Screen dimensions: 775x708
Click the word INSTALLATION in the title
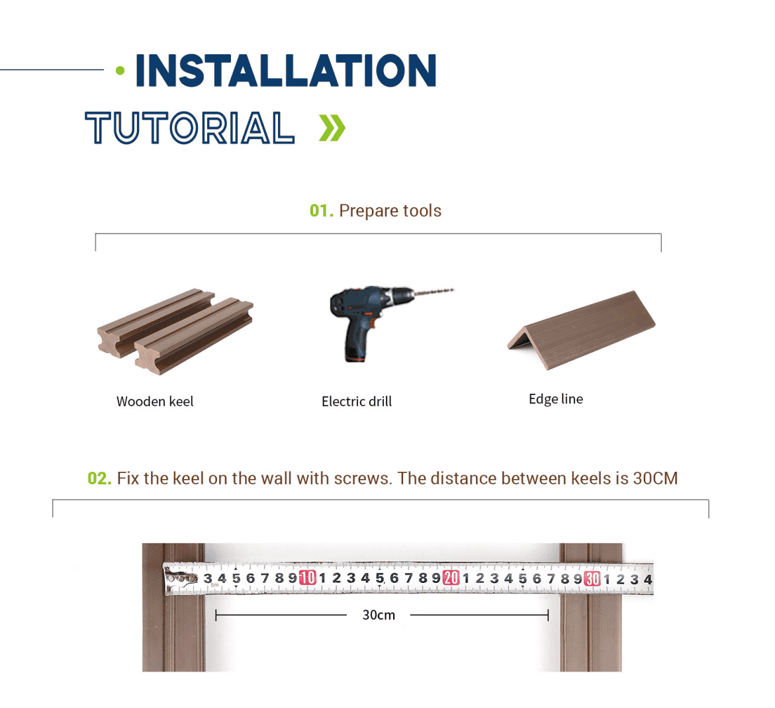286,71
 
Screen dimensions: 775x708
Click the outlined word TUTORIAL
190,128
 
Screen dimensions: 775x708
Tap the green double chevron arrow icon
332,128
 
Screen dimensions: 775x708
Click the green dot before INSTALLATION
120,71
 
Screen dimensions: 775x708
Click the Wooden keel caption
155,402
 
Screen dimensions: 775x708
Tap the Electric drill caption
356,402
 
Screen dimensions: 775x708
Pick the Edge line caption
555,399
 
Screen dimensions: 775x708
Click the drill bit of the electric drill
433,292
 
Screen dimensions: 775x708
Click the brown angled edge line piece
582,329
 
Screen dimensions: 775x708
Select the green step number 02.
99,479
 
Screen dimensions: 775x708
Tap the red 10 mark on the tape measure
308,578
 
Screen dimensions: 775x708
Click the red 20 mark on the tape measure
451,578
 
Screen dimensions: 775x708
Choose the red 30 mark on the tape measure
592,578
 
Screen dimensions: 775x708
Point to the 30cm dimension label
379,615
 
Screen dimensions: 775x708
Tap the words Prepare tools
390,211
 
